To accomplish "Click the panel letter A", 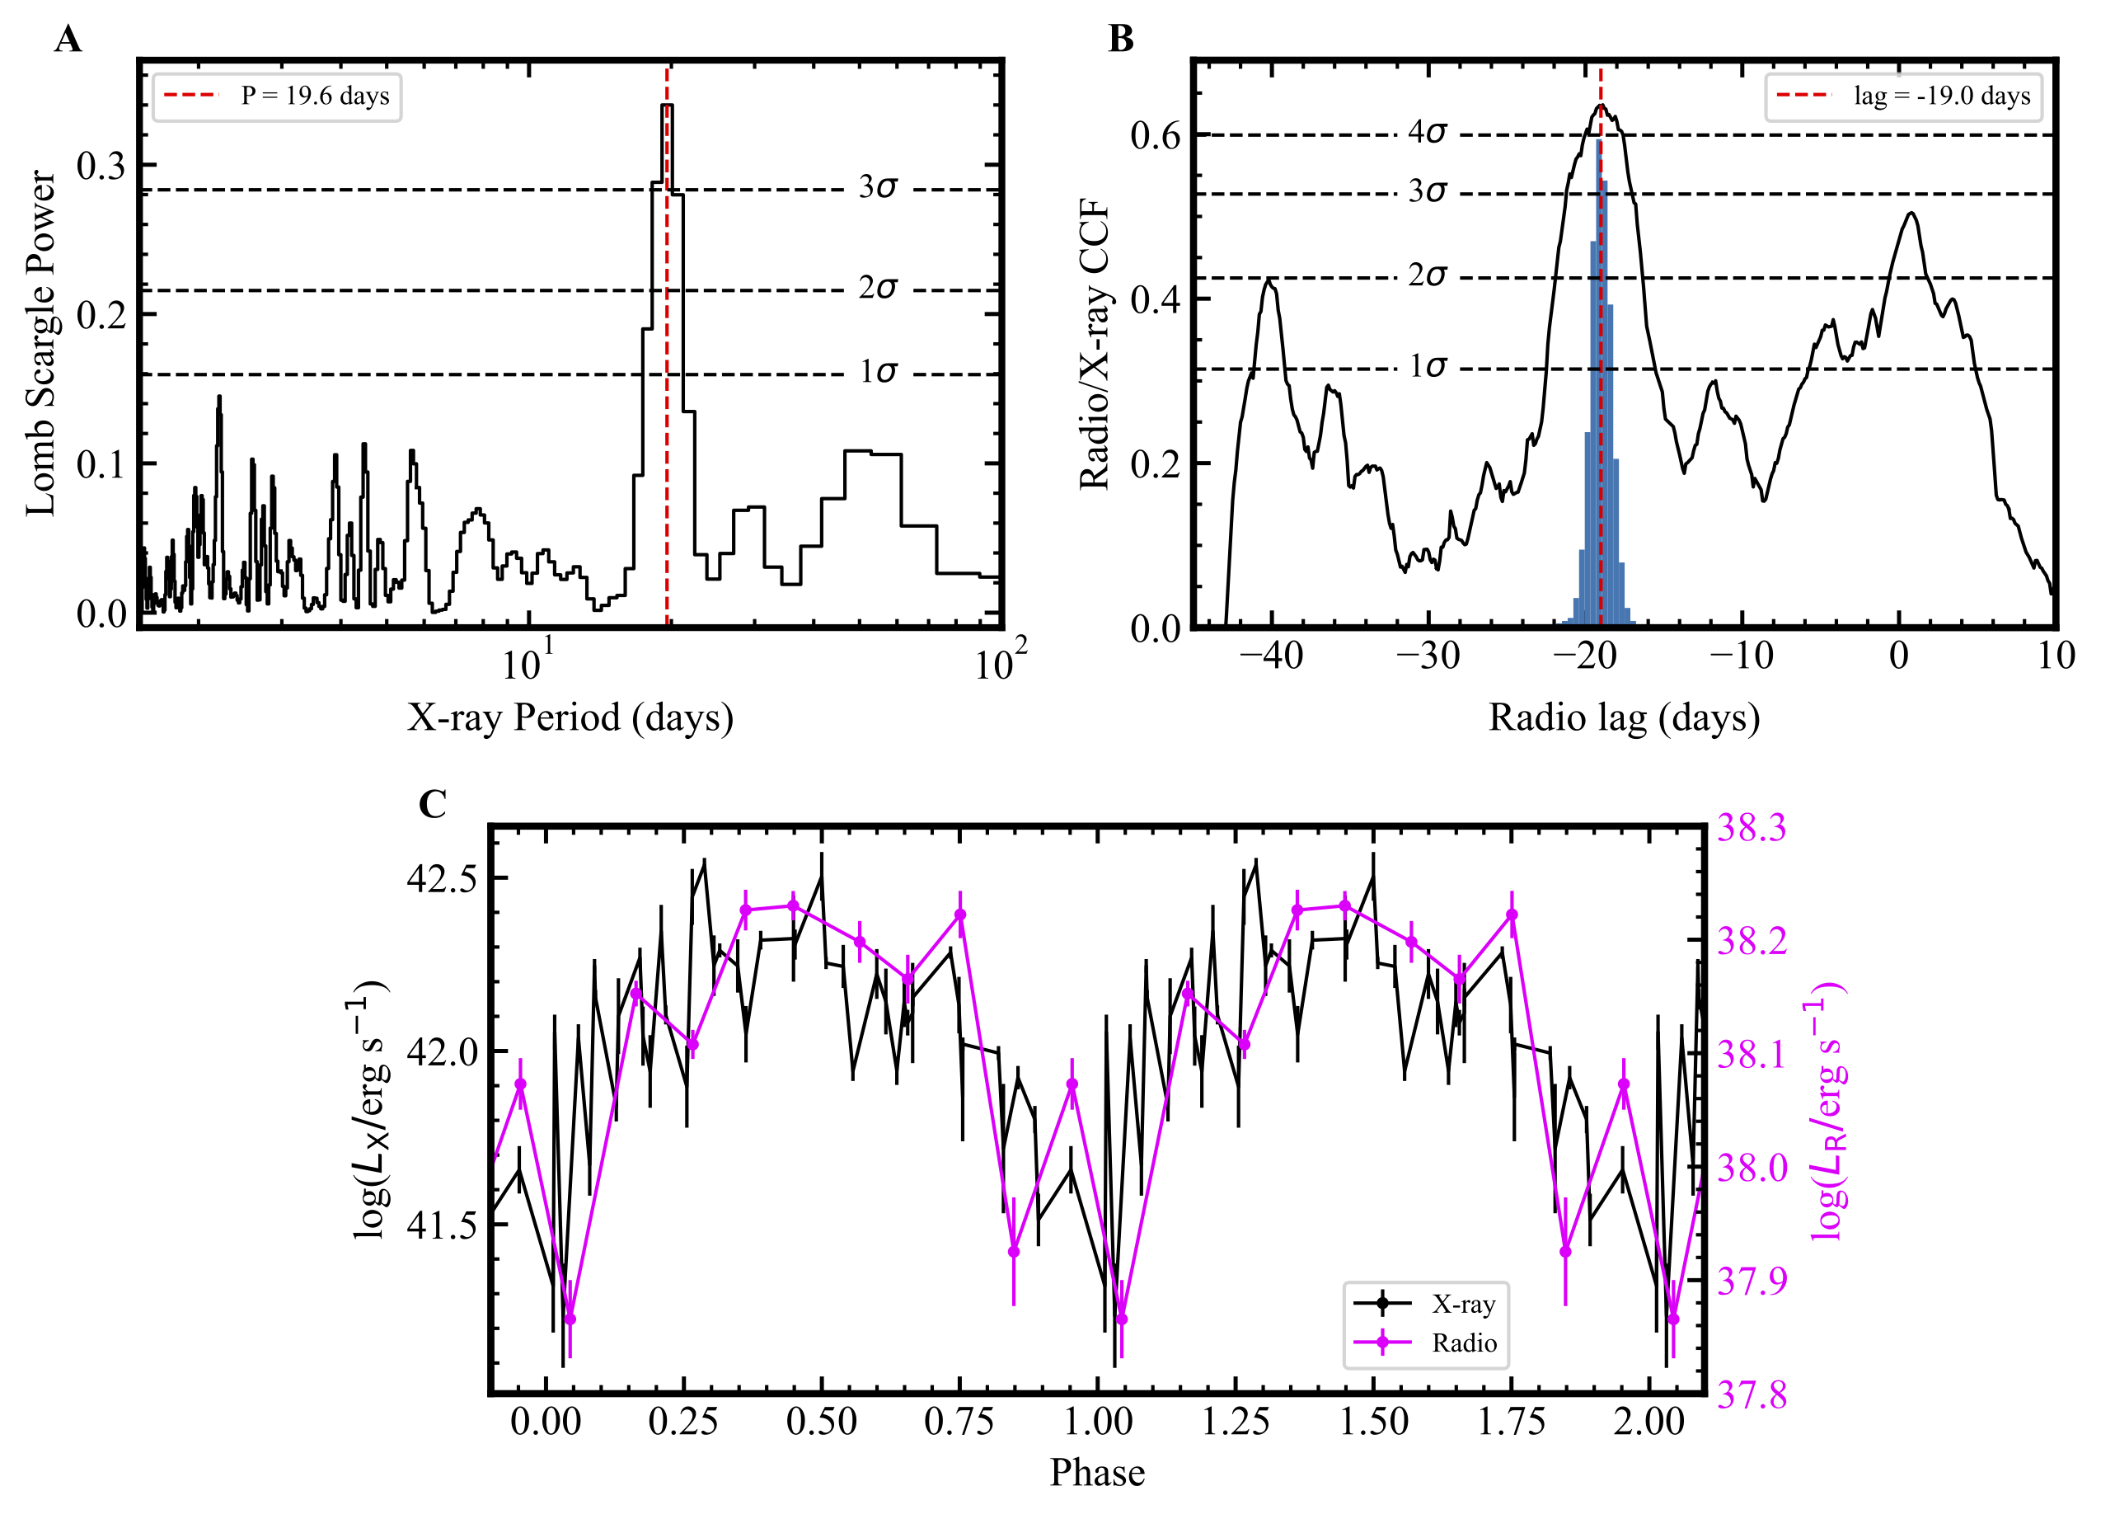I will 68,40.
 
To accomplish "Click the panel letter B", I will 1121,40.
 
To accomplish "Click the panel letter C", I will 433,805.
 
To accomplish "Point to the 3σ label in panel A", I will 877,187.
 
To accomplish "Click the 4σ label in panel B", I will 1427,133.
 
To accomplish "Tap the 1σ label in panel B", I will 1427,367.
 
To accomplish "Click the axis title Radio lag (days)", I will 1623,718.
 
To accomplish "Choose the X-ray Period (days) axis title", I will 570,718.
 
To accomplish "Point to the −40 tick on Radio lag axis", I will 1271,657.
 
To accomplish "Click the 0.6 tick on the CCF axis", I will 1156,135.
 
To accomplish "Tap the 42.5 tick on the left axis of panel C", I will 441,878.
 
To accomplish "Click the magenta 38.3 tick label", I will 1752,828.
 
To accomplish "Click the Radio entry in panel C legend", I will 1464,1343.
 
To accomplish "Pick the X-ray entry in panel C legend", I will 1464,1304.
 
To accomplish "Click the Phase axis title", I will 1097,1473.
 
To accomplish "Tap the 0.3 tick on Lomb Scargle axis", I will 101,166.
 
